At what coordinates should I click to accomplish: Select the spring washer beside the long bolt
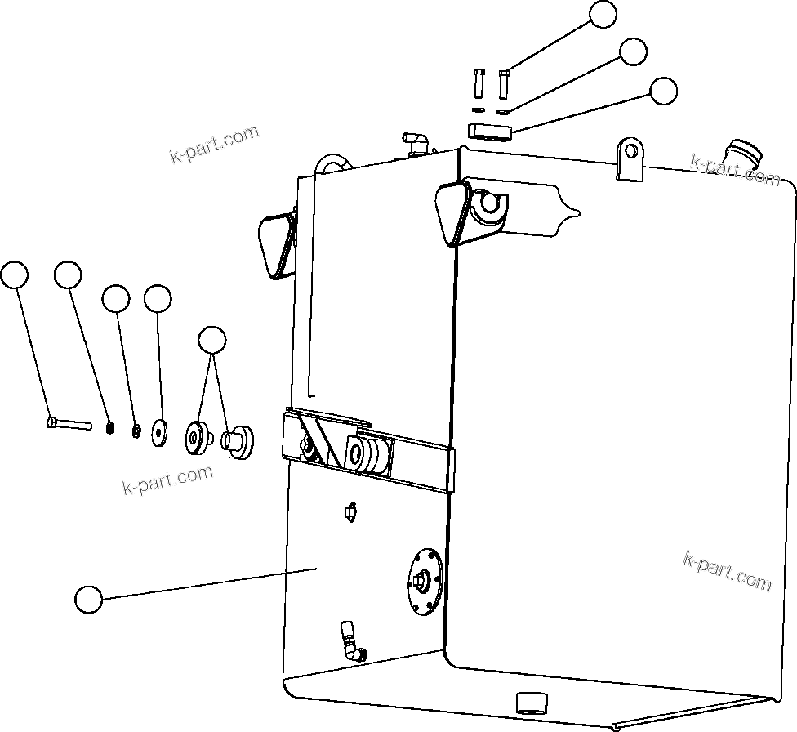click(x=109, y=426)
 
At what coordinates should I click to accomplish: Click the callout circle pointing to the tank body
click(x=88, y=600)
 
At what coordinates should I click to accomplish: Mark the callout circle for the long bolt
click(x=14, y=276)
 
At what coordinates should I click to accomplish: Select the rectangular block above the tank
click(x=489, y=131)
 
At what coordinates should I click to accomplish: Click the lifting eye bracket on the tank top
click(x=630, y=158)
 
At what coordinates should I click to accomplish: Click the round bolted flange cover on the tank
click(x=424, y=579)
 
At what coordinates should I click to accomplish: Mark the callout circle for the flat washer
click(x=158, y=298)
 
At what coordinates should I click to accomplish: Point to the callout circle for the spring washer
click(x=69, y=276)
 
